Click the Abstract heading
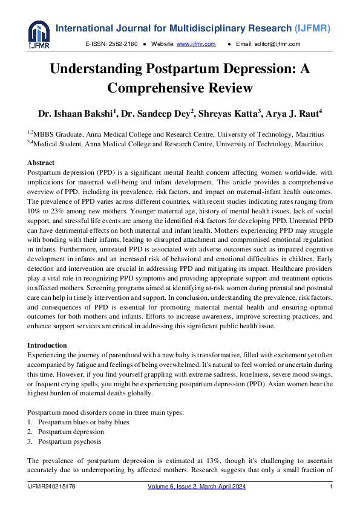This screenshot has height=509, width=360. (41, 163)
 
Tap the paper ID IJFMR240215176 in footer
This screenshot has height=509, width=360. (51, 487)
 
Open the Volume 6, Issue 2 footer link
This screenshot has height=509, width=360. (197, 487)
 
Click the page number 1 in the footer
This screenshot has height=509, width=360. (331, 487)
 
